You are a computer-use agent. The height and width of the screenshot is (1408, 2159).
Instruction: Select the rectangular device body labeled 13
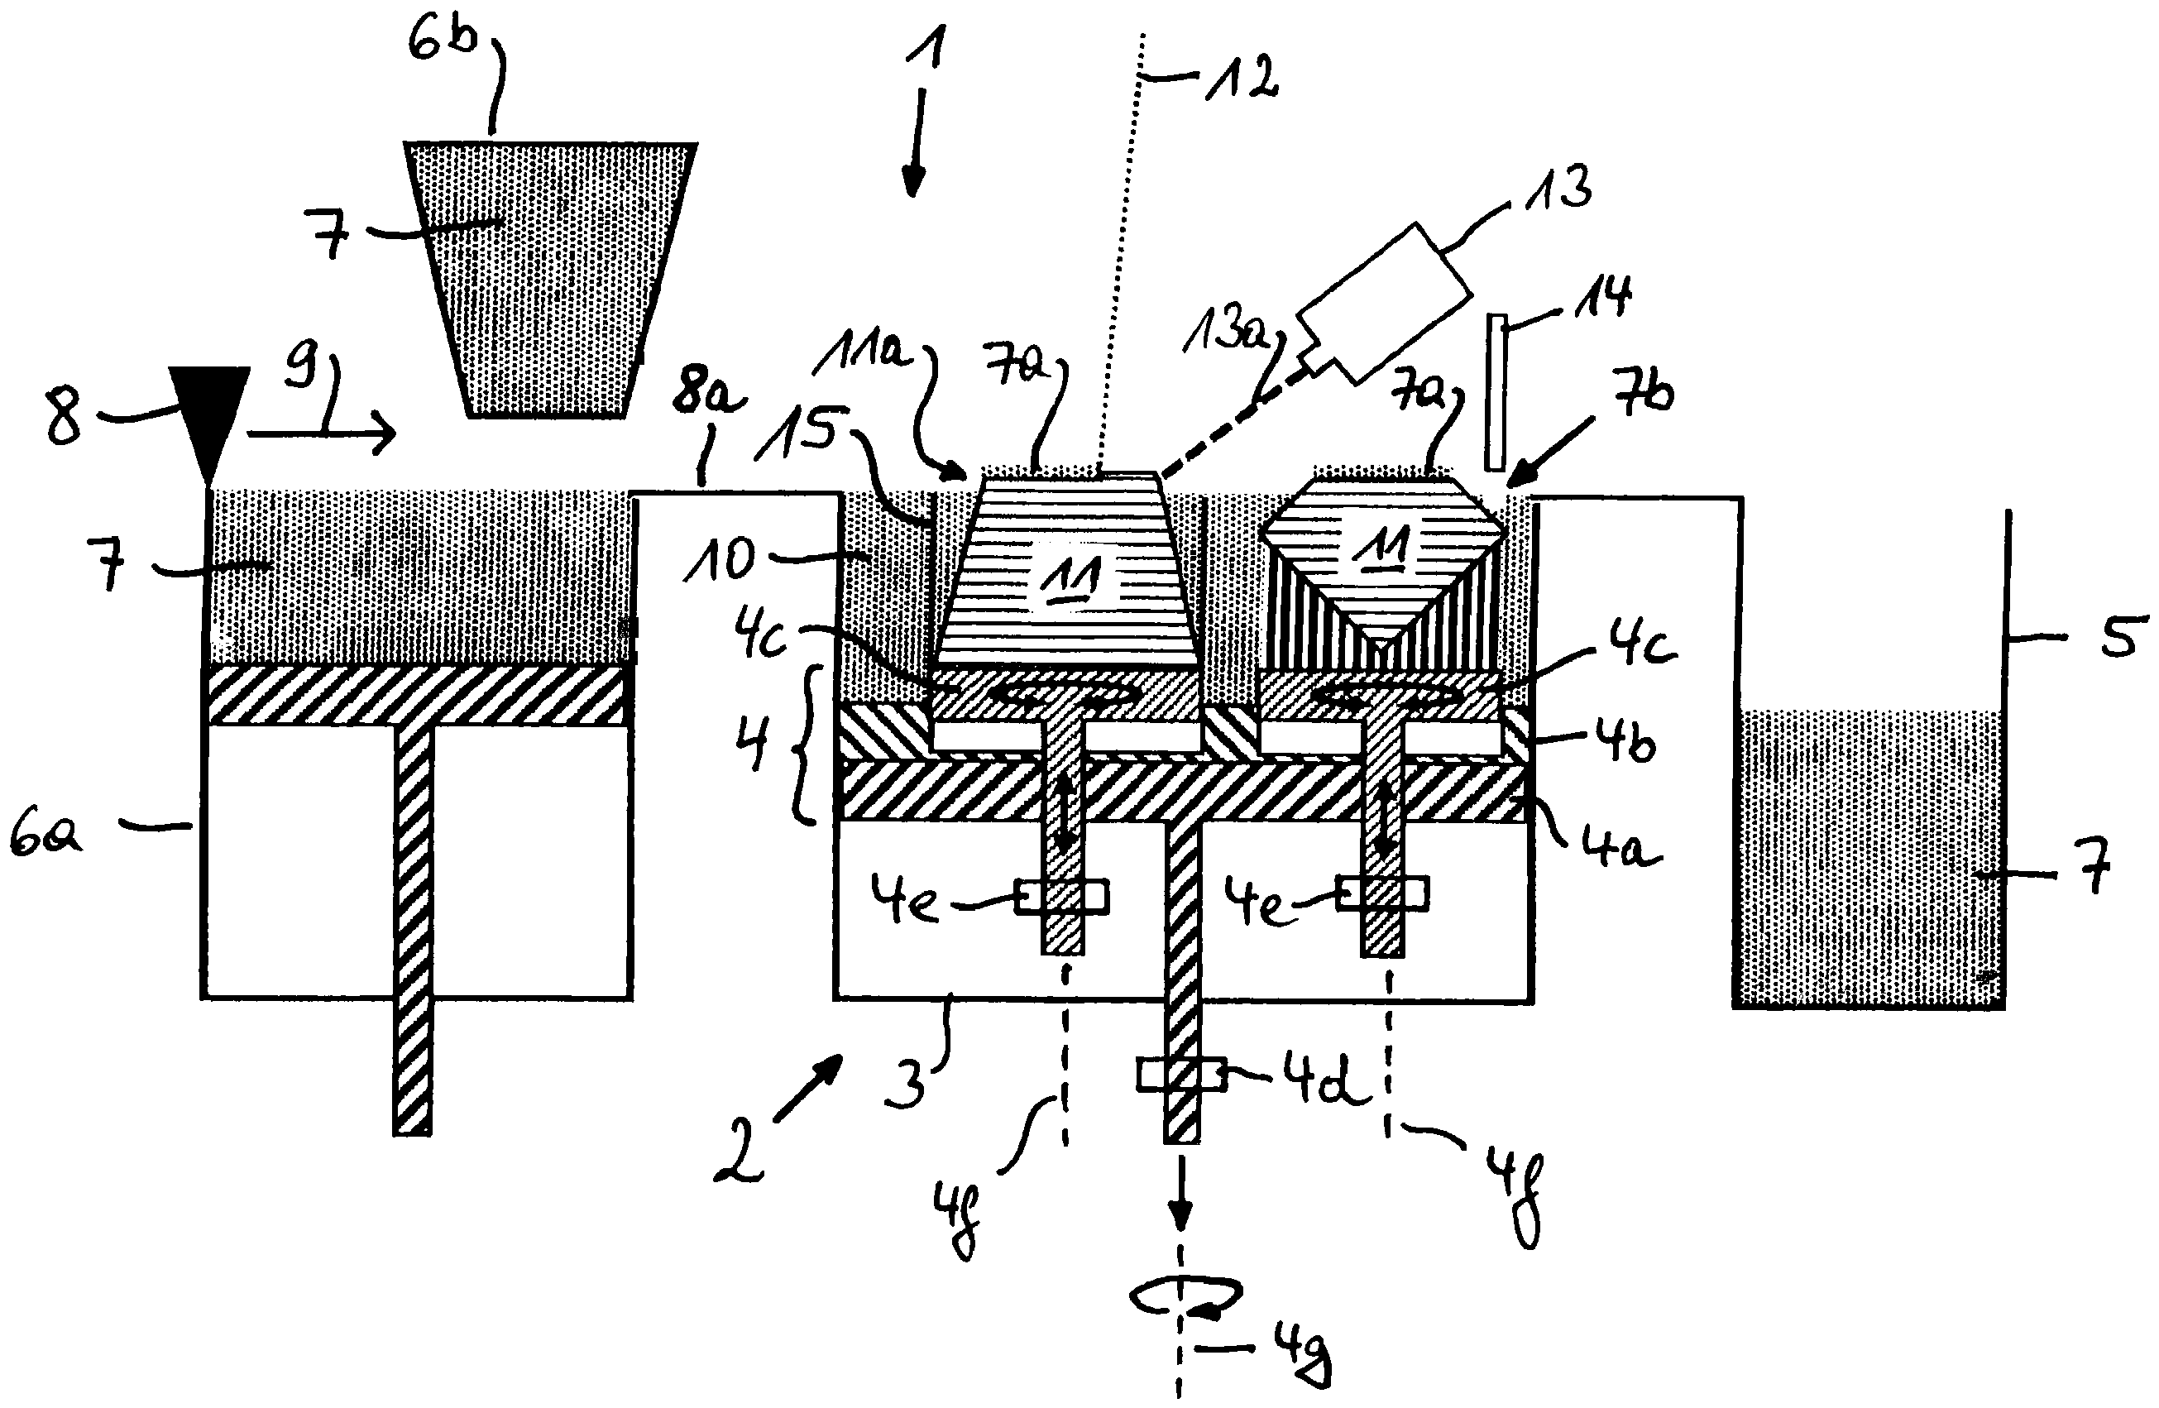1384,300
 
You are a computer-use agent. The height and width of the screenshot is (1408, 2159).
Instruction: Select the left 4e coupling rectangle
1061,898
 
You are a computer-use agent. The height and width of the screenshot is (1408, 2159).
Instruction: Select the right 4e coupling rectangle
1382,894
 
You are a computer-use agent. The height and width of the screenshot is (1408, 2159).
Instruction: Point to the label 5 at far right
2120,636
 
